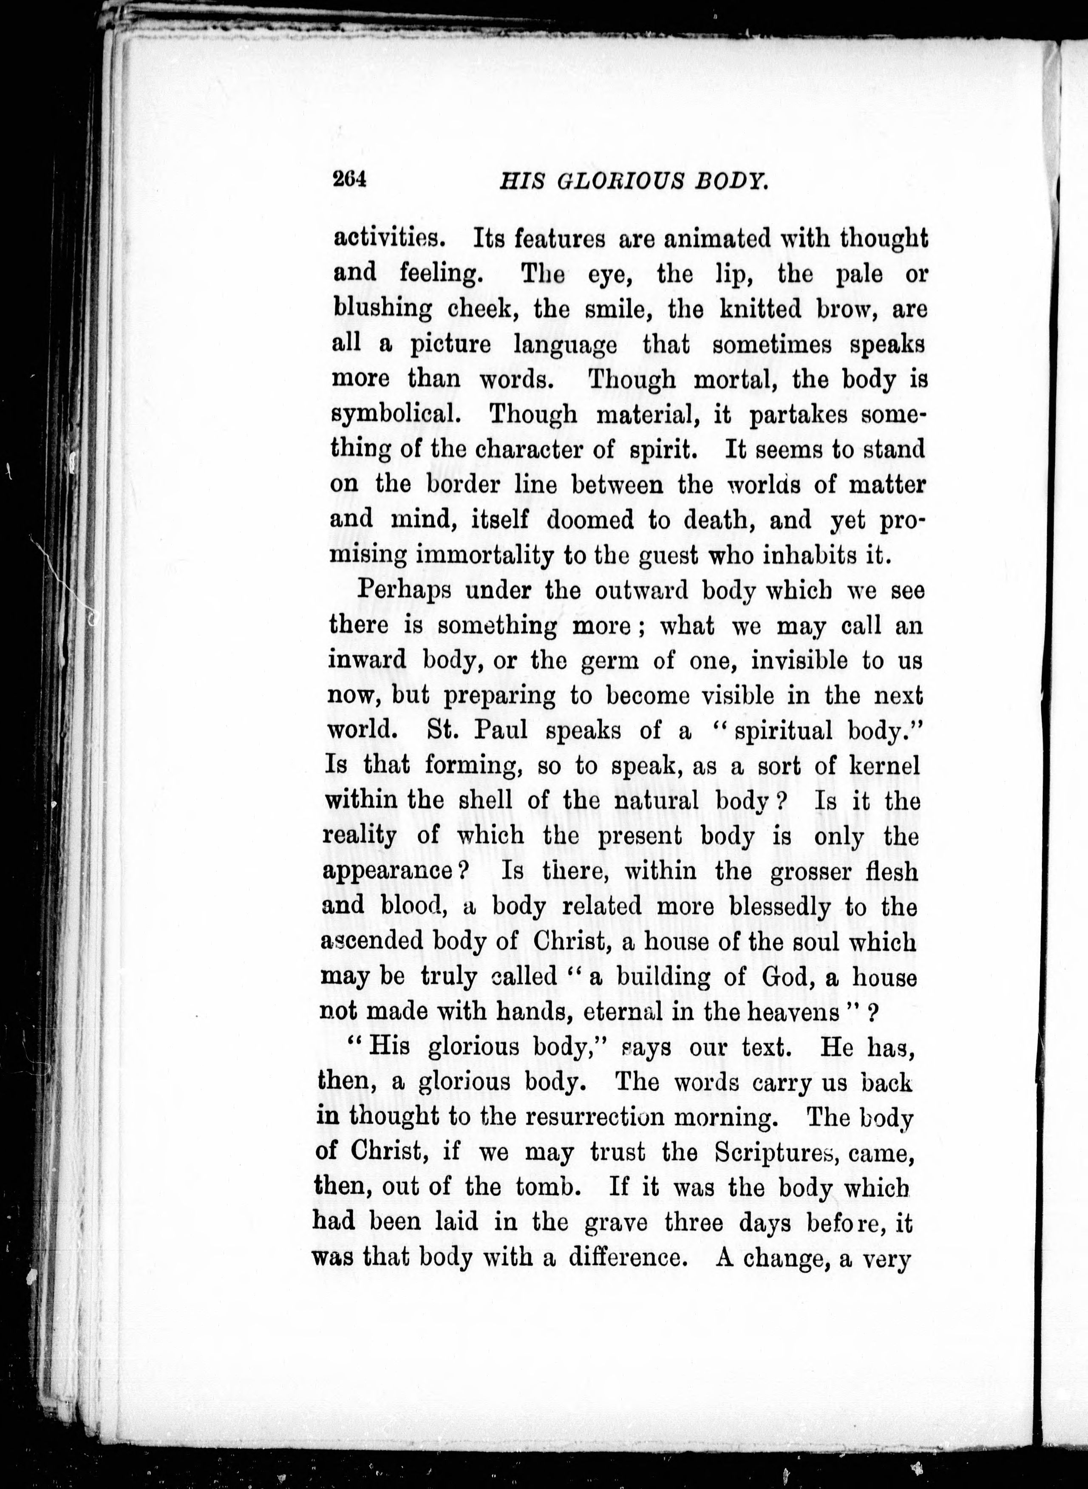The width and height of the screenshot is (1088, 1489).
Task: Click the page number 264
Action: (348, 180)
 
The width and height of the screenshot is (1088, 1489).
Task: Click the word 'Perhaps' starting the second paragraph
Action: (404, 591)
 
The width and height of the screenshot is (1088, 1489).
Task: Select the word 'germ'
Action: (610, 660)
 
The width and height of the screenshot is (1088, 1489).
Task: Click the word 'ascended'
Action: (370, 942)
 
